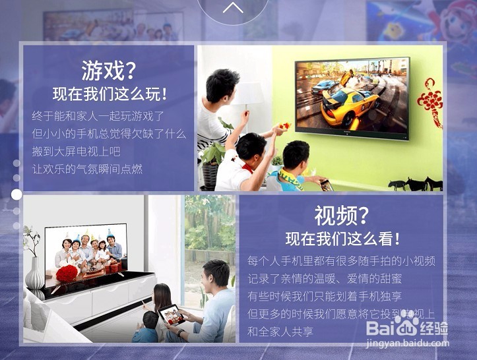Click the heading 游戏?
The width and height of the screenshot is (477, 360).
pos(110,69)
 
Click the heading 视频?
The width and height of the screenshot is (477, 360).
pos(342,215)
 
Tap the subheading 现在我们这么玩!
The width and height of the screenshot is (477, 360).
pos(110,94)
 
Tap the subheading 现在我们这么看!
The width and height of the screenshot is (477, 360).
pos(342,239)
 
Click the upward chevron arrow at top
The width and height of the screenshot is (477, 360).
pos(233,8)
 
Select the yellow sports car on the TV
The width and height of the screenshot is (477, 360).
pos(348,105)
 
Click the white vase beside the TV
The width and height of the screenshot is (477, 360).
pos(34,271)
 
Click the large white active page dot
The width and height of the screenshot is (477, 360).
pos(16,195)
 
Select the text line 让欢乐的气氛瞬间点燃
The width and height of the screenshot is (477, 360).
pos(88,169)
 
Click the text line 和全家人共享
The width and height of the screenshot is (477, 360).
pos(280,332)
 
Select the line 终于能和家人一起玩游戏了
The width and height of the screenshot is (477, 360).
pos(98,115)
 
